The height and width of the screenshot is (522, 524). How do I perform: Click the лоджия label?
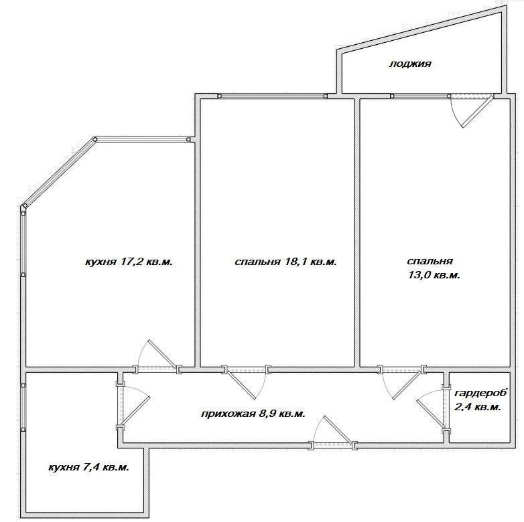click(410, 64)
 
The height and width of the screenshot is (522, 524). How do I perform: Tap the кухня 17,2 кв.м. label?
click(129, 262)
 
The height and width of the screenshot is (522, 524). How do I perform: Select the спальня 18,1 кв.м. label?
click(285, 262)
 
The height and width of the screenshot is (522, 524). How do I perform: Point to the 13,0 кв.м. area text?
click(434, 275)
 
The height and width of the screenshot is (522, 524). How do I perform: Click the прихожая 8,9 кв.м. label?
click(253, 414)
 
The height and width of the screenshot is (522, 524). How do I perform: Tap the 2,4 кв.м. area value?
click(478, 407)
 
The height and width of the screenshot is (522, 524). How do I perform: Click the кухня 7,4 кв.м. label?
click(89, 467)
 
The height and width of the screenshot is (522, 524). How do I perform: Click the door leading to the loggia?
click(470, 111)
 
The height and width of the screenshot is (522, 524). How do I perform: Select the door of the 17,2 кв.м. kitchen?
click(157, 357)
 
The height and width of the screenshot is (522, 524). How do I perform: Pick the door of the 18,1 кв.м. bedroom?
click(247, 382)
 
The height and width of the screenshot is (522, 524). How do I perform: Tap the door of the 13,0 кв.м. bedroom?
click(402, 382)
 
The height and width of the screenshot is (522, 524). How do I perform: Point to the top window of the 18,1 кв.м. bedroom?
click(272, 96)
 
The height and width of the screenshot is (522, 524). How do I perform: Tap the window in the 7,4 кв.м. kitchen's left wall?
click(23, 407)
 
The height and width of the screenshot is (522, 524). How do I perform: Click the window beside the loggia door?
click(419, 96)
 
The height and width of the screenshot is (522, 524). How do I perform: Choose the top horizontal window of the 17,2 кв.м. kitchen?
click(141, 140)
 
